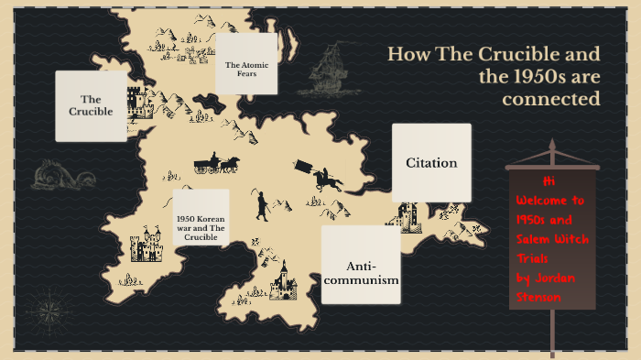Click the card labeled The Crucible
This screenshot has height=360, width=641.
pos(91,105)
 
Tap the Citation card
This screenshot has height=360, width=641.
pos(431,163)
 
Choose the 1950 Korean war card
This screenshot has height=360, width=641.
pos(201,217)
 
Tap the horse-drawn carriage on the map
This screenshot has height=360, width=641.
pos(217,164)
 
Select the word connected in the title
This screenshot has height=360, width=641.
pos(551,99)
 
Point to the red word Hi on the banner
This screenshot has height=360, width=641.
pos(549,181)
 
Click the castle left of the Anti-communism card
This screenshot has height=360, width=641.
pos(287,278)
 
